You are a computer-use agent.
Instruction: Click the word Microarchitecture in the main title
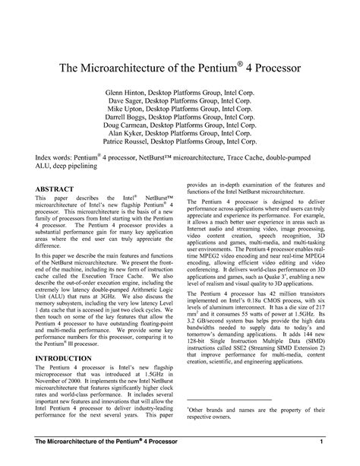[134, 68]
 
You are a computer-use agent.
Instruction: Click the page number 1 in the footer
[323, 442]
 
